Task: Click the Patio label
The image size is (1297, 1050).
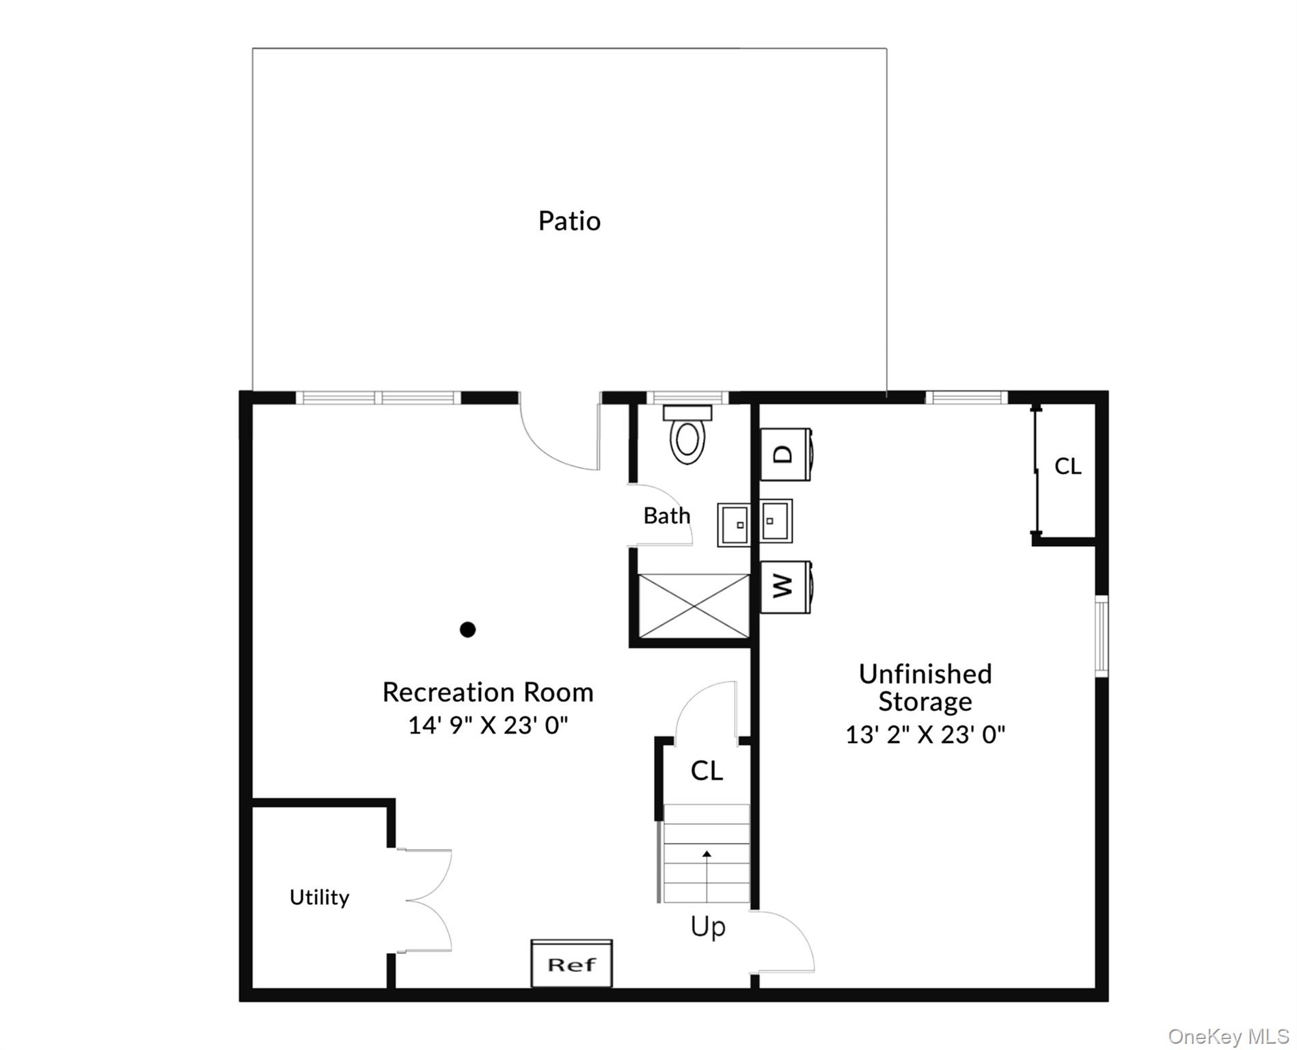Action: (x=569, y=221)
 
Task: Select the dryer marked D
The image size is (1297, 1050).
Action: (x=786, y=455)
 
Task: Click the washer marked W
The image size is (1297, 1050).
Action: (x=786, y=587)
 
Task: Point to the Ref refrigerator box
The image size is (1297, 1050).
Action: (x=571, y=964)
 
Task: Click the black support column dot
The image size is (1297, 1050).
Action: (x=467, y=630)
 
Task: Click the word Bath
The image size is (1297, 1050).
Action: (x=666, y=515)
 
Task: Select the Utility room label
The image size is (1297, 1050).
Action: (x=319, y=897)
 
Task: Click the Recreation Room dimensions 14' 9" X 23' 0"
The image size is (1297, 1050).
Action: (x=488, y=725)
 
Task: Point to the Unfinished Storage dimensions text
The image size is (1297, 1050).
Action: (x=925, y=734)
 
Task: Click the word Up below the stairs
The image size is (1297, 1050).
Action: (x=707, y=927)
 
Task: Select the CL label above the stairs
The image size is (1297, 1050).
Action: (x=707, y=770)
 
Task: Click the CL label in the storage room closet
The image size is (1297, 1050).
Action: (x=1067, y=466)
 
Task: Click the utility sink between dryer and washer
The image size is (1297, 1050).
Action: (x=776, y=521)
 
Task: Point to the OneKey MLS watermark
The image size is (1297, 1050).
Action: (x=1228, y=1036)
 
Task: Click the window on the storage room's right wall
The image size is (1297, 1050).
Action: (x=1102, y=636)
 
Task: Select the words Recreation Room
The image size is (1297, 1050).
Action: (x=488, y=692)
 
